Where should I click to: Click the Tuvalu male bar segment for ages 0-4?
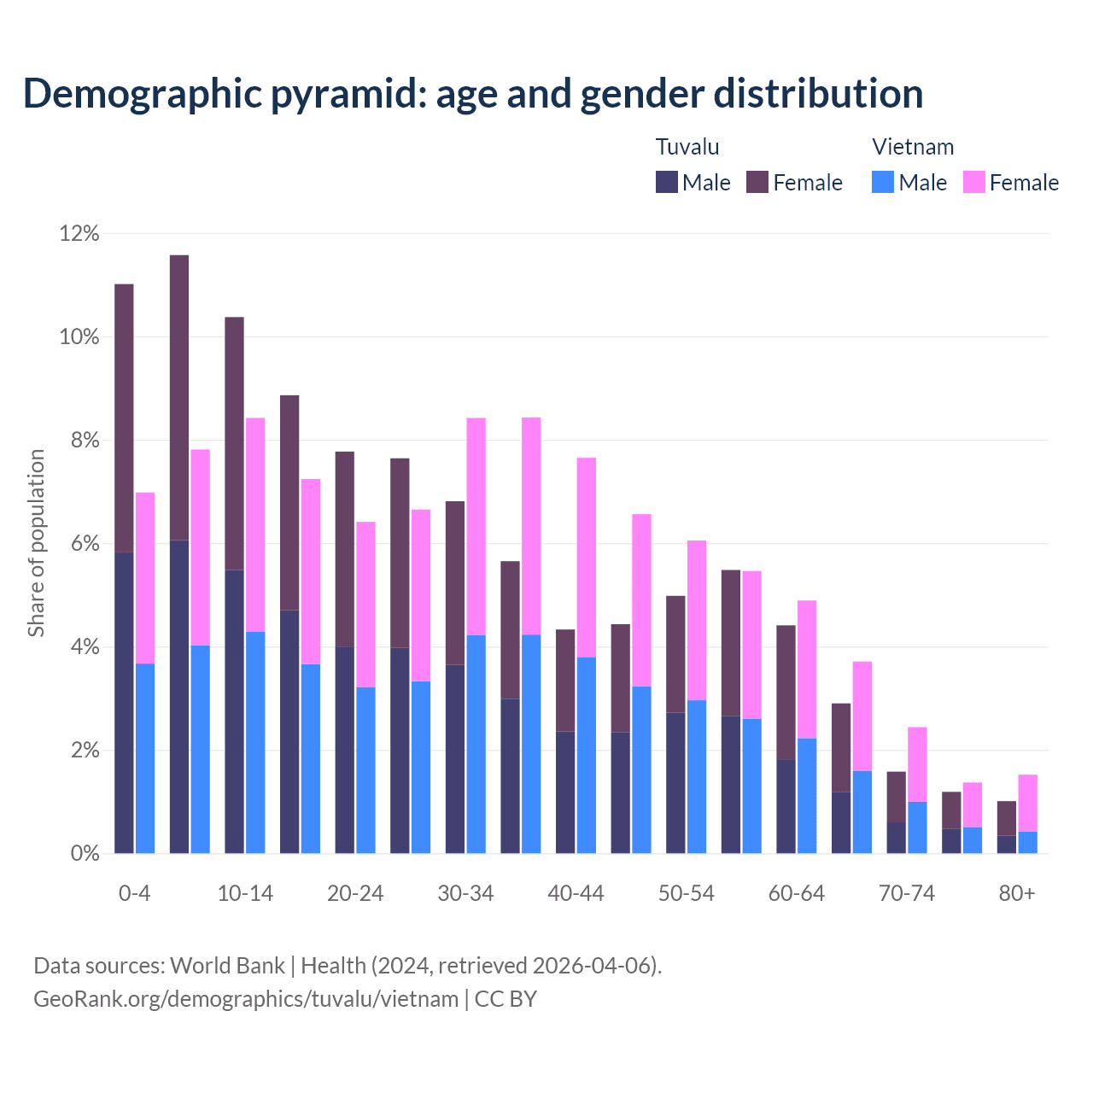pyautogui.click(x=124, y=702)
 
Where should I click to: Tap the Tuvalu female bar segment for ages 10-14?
pyautogui.click(x=234, y=443)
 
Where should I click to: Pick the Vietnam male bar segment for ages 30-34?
pyautogui.click(x=476, y=744)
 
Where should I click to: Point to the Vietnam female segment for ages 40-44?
pyautogui.click(x=587, y=558)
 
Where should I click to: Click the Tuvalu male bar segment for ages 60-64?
pyautogui.click(x=786, y=806)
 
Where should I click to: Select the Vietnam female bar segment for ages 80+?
pyautogui.click(x=1028, y=803)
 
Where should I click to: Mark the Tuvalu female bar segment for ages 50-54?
pyautogui.click(x=675, y=653)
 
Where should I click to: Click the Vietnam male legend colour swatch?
pyautogui.click(x=883, y=182)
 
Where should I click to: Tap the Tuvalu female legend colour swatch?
pyautogui.click(x=757, y=182)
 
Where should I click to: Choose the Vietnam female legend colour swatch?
pyautogui.click(x=973, y=182)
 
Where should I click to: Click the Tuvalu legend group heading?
pyautogui.click(x=687, y=147)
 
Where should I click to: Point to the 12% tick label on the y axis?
pyautogui.click(x=79, y=233)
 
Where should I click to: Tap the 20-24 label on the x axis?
pyautogui.click(x=355, y=893)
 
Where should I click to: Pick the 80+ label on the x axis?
pyautogui.click(x=1017, y=893)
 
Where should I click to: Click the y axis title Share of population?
pyautogui.click(x=36, y=543)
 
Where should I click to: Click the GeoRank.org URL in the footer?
pyautogui.click(x=246, y=999)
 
